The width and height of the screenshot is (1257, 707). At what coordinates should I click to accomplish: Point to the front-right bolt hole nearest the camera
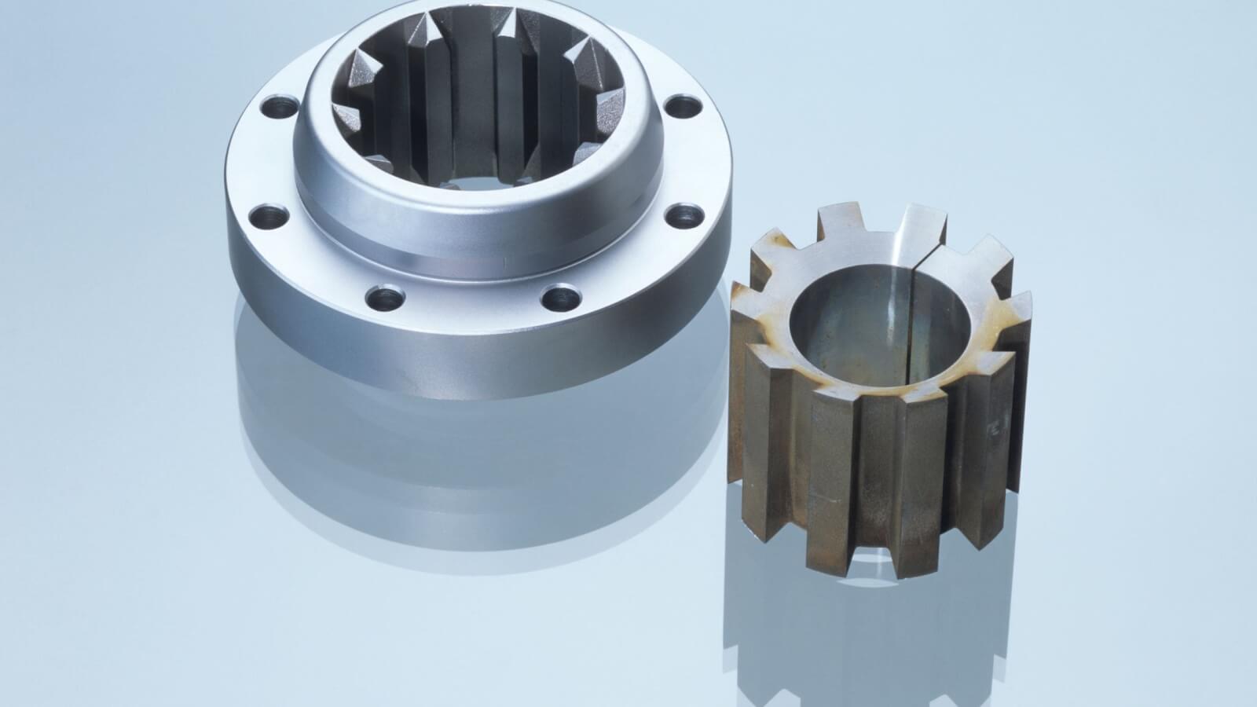[561, 296]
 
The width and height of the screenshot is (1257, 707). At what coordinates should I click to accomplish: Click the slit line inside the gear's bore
[911, 314]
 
